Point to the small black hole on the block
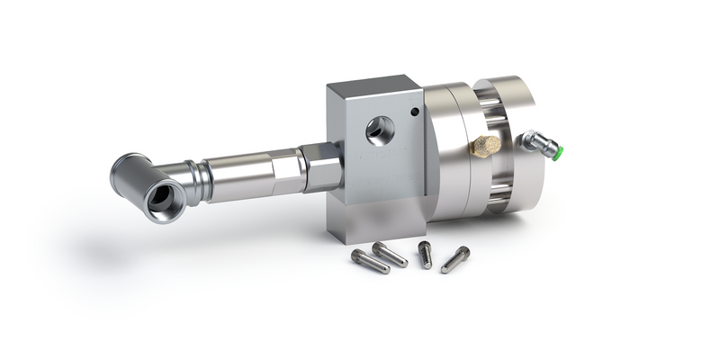414,112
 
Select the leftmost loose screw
370,262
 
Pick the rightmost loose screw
454,259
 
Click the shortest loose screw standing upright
425,254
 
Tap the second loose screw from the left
391,254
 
